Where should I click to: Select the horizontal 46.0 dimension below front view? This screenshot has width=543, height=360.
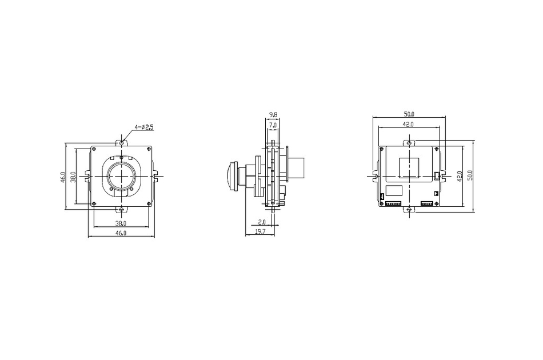(121, 233)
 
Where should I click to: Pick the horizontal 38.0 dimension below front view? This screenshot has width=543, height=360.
(121, 223)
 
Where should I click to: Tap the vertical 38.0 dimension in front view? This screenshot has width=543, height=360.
(73, 177)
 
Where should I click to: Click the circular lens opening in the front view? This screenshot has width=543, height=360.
(122, 175)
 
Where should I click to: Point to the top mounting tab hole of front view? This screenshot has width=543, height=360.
(122, 141)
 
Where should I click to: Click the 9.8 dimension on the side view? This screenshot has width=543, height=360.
(273, 114)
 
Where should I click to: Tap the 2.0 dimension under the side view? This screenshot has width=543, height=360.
(262, 222)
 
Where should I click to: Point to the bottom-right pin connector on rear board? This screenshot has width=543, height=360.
(426, 203)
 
